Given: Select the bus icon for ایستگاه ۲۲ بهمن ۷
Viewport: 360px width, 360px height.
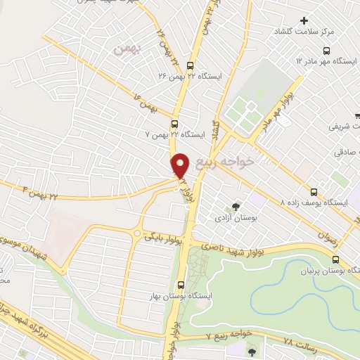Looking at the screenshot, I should pos(174,124).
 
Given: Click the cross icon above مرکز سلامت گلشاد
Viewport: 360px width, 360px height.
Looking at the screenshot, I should pos(304,20).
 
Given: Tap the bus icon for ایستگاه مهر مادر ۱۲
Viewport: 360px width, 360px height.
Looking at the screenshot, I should pos(326,51).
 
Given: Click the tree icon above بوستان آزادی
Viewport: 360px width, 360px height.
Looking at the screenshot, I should pos(236,207).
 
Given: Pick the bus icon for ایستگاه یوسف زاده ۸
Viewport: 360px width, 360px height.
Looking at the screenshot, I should pos(314,191).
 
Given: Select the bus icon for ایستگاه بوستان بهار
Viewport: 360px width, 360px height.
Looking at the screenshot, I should pos(182,285).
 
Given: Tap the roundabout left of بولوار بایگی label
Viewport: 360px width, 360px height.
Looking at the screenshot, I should pos(137,233).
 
